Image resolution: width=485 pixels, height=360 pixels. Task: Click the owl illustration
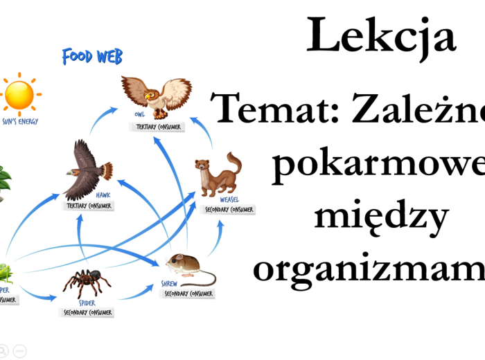(156, 93)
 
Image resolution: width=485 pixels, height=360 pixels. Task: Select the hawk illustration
(86, 170)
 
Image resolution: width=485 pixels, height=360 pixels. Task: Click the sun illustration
(19, 96)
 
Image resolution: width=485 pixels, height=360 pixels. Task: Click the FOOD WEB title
(92, 56)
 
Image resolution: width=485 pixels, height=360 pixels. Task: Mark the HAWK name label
(103, 195)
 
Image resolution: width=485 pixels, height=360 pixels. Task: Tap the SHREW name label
(170, 284)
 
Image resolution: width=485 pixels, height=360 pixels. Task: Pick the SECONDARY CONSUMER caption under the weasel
(229, 209)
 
